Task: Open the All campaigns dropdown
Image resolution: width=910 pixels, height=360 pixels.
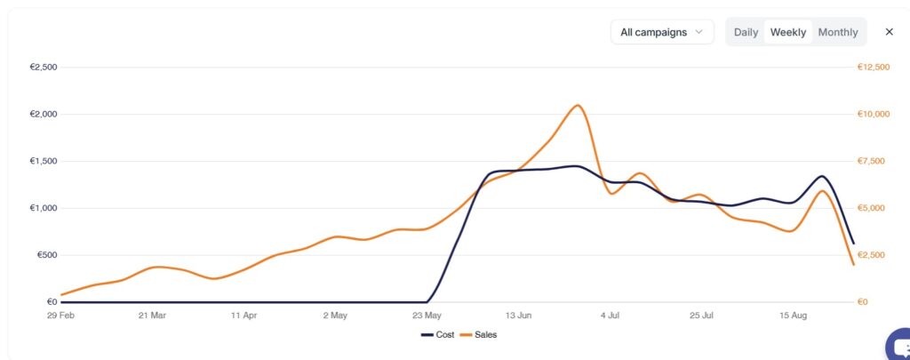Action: [662, 32]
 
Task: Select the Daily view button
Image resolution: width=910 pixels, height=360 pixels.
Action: [746, 32]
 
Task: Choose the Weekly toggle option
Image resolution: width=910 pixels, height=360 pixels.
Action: [788, 32]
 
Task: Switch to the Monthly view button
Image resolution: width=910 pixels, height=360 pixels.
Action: [838, 32]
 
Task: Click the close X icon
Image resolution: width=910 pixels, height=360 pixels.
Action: [889, 32]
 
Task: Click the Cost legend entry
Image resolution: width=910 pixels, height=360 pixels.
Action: [439, 334]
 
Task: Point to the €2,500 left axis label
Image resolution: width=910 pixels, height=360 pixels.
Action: [43, 67]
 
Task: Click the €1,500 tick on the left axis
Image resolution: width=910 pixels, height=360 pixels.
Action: [43, 161]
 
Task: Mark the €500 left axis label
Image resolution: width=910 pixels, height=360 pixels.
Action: [44, 255]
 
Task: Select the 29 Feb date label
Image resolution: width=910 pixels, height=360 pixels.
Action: [60, 315]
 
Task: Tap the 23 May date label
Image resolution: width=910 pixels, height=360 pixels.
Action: [427, 315]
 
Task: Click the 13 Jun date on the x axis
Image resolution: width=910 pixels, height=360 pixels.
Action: [519, 315]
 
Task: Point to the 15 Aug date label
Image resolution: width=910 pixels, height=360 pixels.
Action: [794, 315]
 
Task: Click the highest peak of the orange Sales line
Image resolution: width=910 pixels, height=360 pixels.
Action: [578, 105]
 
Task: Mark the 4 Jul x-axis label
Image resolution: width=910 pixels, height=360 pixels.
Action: [611, 315]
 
